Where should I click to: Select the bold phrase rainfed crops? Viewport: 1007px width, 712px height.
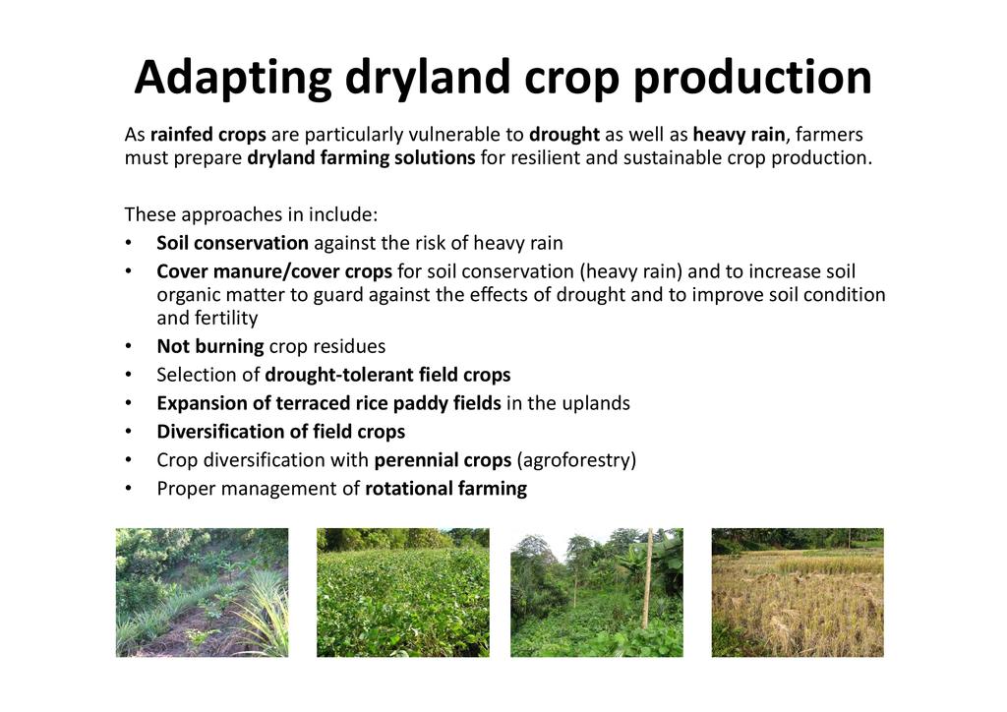208,135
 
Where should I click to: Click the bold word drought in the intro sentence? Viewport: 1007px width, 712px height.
564,135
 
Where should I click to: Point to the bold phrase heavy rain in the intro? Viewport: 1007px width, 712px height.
739,135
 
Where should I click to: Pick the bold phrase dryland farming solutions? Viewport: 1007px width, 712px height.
361,158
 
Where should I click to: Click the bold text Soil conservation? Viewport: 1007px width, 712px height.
232,243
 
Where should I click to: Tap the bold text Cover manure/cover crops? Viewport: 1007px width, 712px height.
274,271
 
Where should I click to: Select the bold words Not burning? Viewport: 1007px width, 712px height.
210,347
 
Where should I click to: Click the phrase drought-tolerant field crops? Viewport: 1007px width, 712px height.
387,375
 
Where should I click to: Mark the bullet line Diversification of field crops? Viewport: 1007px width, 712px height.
280,432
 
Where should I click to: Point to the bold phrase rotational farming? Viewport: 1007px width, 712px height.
446,489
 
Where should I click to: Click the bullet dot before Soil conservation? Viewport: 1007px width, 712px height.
129,243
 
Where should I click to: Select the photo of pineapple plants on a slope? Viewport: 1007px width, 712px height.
203,593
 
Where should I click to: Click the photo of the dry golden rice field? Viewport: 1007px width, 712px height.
798,593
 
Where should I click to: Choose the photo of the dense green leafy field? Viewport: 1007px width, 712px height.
403,593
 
